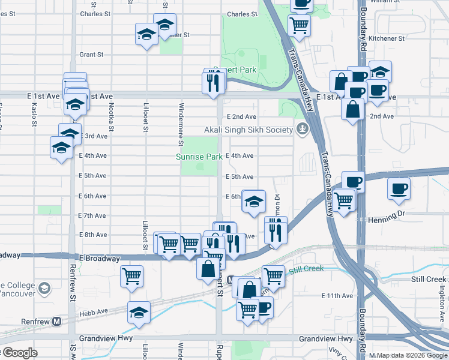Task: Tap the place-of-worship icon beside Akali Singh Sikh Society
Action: (x=301, y=128)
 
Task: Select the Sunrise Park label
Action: (x=199, y=157)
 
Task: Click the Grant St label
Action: (x=91, y=54)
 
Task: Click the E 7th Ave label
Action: (x=92, y=215)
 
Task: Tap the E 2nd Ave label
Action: (x=241, y=116)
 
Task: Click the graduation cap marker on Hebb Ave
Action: (x=139, y=312)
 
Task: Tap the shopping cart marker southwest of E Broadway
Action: (x=131, y=276)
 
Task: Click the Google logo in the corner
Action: (x=19, y=353)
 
